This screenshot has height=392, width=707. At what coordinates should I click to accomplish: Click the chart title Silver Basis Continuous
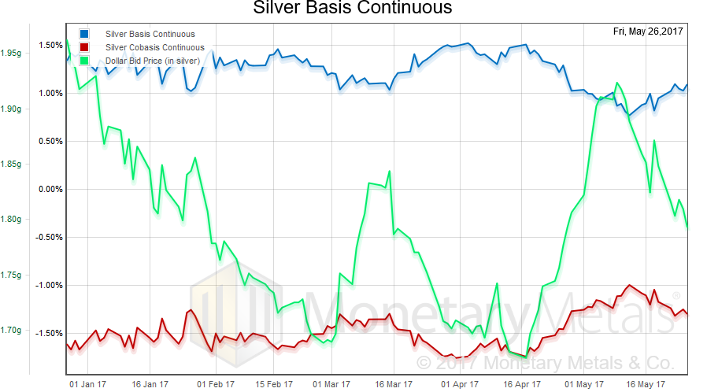353,9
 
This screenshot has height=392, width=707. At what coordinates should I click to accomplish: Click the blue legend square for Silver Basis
84,34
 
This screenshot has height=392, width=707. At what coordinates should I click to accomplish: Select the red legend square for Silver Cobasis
84,47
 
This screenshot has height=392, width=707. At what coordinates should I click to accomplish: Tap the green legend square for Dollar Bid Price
84,61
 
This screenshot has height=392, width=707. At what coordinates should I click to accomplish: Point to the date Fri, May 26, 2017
647,31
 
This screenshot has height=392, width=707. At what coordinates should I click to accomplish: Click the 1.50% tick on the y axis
50,45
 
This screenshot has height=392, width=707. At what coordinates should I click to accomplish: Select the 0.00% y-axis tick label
50,189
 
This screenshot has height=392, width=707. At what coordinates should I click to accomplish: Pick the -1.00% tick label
49,285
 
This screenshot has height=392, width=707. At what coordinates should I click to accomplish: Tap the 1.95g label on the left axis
15,54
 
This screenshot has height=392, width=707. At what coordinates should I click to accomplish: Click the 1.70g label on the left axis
15,331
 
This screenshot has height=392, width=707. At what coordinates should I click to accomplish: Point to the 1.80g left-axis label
15,220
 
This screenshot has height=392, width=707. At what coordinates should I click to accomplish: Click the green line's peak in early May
616,83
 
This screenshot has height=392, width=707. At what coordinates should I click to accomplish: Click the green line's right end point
687,227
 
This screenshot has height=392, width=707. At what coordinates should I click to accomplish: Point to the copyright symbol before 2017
424,363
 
